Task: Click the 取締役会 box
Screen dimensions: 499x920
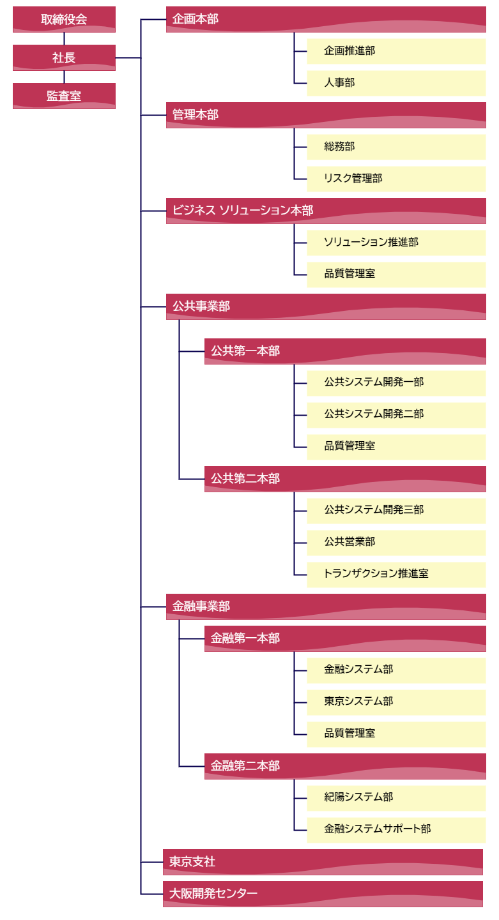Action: tap(64, 19)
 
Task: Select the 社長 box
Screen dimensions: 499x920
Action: tap(64, 57)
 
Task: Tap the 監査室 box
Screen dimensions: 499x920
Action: tap(64, 96)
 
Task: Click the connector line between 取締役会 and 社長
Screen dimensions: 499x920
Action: tap(64, 38)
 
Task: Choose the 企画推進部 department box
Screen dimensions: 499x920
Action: tap(396, 51)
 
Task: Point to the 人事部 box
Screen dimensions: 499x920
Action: tap(396, 83)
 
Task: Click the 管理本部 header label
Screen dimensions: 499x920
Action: tap(196, 114)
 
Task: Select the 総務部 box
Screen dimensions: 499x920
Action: tap(396, 147)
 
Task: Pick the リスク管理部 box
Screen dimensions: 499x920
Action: tap(396, 179)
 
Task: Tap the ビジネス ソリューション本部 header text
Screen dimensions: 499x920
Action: tap(243, 210)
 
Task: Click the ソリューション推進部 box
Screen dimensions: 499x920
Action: tap(396, 243)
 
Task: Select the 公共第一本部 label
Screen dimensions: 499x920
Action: tap(245, 351)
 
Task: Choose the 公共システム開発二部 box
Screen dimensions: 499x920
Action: tap(396, 415)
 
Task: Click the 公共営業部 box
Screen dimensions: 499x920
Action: tap(396, 543)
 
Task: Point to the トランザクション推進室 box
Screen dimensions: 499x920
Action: tap(396, 575)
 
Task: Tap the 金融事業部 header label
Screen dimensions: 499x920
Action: tap(201, 607)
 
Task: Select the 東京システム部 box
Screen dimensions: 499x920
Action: tap(396, 702)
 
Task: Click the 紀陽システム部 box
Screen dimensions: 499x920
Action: tap(396, 798)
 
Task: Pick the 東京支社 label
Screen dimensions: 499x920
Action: tap(192, 862)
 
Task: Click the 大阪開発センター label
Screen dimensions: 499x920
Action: tap(213, 894)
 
